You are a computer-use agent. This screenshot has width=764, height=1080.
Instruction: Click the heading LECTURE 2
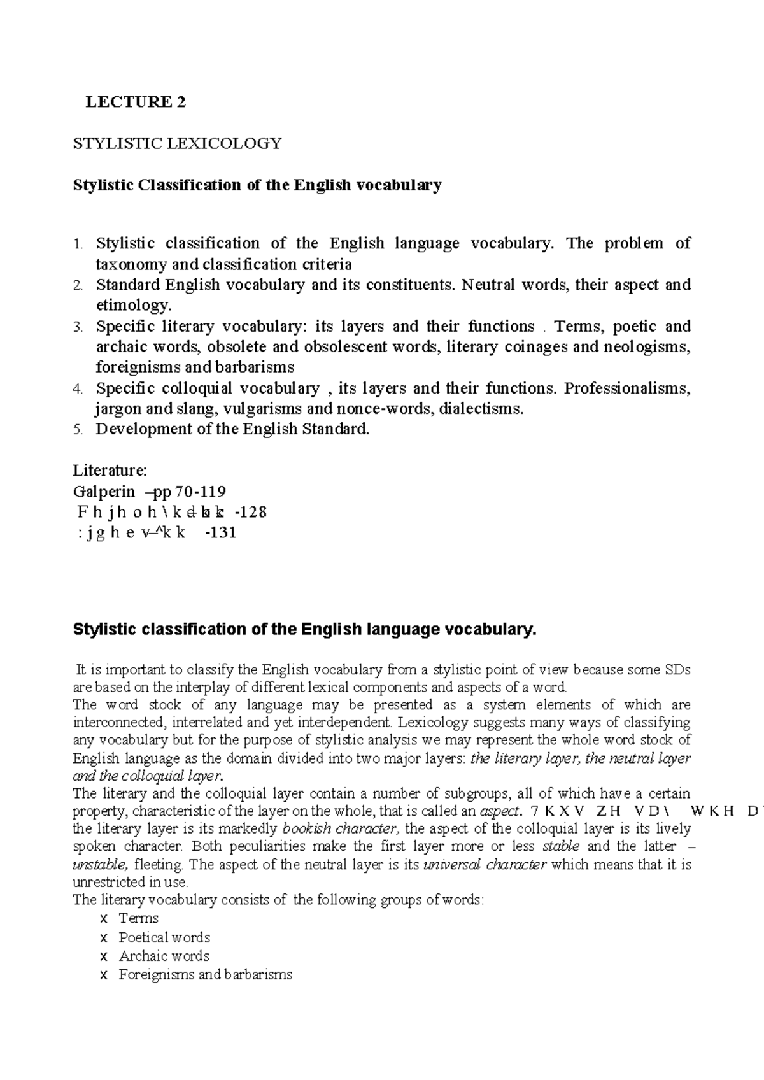coord(136,102)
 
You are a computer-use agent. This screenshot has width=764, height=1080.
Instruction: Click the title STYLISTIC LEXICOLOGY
coord(178,143)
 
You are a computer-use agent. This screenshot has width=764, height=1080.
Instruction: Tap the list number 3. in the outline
coord(78,327)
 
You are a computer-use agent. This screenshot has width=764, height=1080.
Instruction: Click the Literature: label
coord(110,471)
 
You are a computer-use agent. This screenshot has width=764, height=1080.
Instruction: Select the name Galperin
coord(104,492)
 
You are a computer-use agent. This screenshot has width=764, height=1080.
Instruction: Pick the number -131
coord(220,533)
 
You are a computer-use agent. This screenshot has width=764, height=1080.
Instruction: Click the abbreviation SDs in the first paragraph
coord(677,669)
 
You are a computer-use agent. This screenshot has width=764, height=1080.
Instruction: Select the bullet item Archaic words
coord(164,956)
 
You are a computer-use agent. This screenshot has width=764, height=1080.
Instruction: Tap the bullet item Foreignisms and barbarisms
coord(205,974)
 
